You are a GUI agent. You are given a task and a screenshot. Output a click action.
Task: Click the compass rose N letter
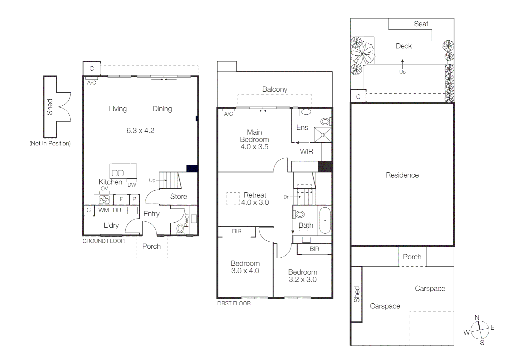tap(477, 317)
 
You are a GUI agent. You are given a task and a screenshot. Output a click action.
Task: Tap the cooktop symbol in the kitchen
tap(104, 199)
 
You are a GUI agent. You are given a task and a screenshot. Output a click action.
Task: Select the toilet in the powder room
tap(180, 228)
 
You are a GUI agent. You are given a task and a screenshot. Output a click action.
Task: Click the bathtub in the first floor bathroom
tap(325, 220)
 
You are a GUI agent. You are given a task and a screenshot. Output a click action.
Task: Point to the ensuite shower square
tap(323, 135)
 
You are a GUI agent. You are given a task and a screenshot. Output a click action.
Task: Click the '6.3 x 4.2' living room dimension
tap(140, 130)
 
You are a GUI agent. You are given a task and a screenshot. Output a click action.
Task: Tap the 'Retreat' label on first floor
tap(255, 195)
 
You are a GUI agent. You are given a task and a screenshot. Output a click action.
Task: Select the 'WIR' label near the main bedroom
tap(306, 151)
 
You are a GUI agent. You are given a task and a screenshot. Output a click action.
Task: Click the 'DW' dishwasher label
tap(132, 185)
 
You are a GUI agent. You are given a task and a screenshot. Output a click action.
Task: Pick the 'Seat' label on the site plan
tap(421, 24)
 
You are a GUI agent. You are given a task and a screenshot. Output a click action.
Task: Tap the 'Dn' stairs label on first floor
tap(287, 197)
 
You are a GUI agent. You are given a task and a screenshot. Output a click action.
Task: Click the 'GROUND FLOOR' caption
tap(103, 241)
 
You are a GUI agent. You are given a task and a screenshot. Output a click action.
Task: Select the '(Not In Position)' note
tap(50, 143)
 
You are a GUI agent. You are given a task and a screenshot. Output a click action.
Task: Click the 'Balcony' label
tap(275, 89)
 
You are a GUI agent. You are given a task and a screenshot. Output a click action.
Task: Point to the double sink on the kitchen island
tap(117, 173)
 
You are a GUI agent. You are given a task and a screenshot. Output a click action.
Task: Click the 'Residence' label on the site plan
tap(402, 175)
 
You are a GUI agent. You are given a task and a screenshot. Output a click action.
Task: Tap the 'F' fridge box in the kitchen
tap(121, 199)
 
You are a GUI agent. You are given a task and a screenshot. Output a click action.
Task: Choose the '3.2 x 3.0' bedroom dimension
tap(303, 279)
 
